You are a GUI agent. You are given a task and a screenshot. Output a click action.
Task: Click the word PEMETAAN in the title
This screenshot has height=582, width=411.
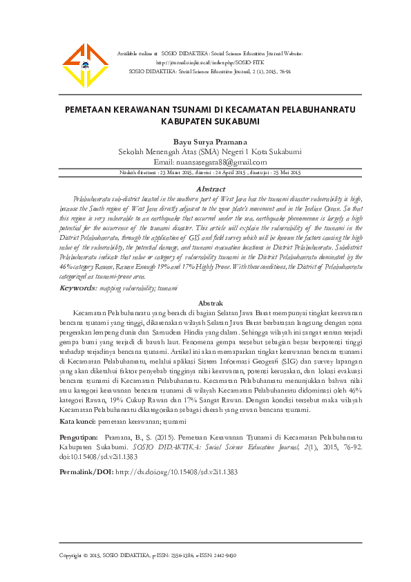click(90, 109)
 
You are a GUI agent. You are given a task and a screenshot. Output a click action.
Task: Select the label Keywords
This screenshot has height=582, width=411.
click(78, 287)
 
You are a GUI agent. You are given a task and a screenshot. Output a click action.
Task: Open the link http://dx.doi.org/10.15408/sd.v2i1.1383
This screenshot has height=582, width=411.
click(176, 471)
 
